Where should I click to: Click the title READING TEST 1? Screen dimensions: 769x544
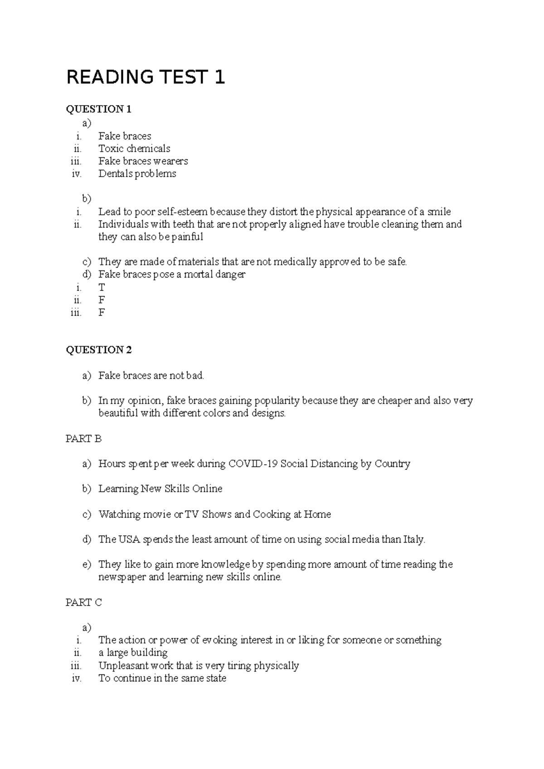coord(146,77)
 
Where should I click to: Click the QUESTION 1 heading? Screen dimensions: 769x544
coord(98,109)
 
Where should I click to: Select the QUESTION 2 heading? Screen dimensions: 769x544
coord(98,350)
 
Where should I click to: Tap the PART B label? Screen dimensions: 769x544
coord(83,439)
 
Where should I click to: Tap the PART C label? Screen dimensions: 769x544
coord(83,602)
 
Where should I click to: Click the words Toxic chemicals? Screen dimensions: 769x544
coord(134,149)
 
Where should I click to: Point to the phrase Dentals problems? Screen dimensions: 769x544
coord(137,173)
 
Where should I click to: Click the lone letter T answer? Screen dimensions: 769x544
coord(102,288)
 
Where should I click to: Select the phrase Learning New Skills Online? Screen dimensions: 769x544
coord(160,489)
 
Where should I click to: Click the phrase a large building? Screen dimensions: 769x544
coord(133,653)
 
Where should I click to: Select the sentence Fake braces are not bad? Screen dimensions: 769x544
coord(151,375)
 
